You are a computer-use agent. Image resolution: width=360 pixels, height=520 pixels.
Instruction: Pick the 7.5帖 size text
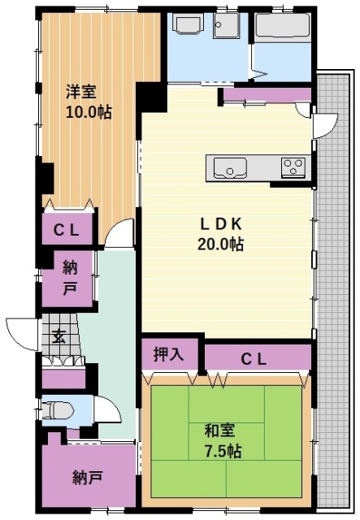[223, 450]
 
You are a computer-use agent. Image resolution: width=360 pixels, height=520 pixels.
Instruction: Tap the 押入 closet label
[169, 354]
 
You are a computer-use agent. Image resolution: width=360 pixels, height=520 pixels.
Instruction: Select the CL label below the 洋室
[66, 229]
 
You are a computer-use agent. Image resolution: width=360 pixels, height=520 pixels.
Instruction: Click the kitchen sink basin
[231, 168]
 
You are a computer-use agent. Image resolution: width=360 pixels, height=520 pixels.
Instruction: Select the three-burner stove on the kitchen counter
[293, 167]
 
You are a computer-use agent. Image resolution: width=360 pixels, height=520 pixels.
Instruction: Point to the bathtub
[283, 30]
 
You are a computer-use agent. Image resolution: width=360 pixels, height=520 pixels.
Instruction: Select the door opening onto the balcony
[324, 123]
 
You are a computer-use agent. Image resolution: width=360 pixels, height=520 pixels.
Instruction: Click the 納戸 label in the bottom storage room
[86, 476]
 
